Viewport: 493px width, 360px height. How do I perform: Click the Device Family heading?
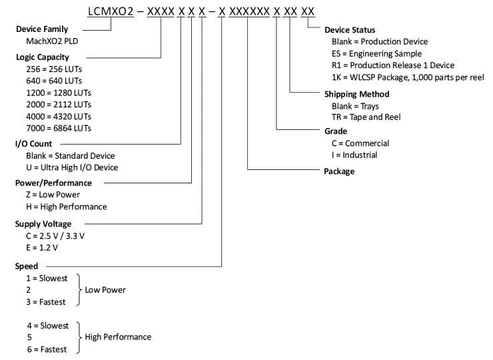(x=42, y=30)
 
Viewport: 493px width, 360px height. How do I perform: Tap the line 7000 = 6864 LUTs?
(x=59, y=128)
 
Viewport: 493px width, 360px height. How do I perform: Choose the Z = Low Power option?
(x=52, y=195)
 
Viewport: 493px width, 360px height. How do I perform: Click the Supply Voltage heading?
(x=43, y=224)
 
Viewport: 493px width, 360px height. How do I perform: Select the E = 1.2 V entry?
(x=41, y=248)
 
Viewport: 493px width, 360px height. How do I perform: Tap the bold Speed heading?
(x=27, y=266)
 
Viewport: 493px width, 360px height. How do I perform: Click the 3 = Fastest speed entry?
(x=46, y=302)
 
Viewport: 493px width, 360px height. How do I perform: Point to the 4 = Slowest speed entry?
(x=47, y=325)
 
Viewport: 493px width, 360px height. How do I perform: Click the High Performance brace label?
(x=118, y=337)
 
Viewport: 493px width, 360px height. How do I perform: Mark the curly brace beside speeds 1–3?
(x=79, y=290)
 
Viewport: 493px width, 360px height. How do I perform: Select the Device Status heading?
(x=350, y=30)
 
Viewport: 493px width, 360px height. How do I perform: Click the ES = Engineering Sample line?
(x=376, y=53)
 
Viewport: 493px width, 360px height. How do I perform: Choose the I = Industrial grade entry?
(x=354, y=155)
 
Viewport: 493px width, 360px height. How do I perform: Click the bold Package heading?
(x=339, y=171)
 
